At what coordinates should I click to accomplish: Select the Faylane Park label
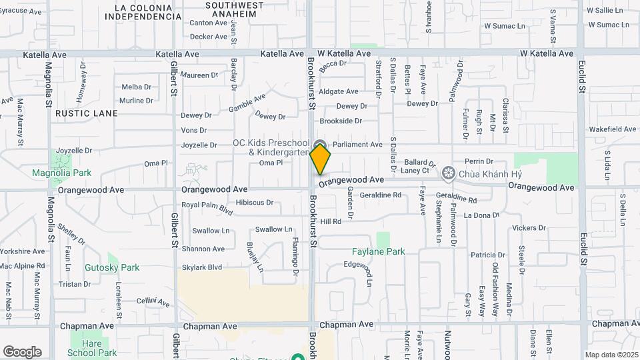pos(378,252)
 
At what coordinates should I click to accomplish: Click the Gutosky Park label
pos(112,267)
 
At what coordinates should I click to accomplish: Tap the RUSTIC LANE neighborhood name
pos(87,113)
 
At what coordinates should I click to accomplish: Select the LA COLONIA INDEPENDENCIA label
pos(147,12)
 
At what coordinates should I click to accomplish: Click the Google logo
pos(22,351)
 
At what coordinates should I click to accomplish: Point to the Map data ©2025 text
pos(610,355)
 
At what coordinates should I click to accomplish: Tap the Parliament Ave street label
pos(357,144)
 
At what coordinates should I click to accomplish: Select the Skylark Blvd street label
pos(201,267)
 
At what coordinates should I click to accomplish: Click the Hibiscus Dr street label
pos(255,202)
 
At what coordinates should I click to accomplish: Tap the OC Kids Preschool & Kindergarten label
pos(271,147)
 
